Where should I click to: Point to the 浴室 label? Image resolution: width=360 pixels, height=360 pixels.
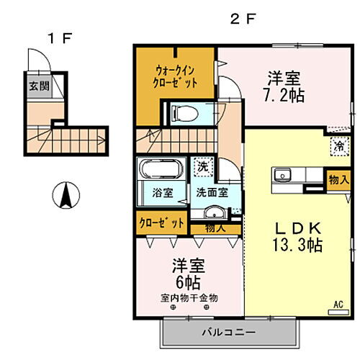pyautogui.click(x=162, y=193)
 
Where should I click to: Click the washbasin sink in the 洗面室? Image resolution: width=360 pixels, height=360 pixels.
pyautogui.click(x=212, y=213)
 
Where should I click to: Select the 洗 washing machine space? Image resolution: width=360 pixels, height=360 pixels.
pyautogui.click(x=203, y=165)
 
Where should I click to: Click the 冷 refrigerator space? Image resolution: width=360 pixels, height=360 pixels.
pyautogui.click(x=338, y=145)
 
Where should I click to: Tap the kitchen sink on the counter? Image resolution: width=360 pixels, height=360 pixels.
pyautogui.click(x=282, y=175)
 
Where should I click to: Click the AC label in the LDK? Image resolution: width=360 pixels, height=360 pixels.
pyautogui.click(x=337, y=305)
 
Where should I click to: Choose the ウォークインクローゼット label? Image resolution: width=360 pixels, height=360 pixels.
pyautogui.click(x=176, y=76)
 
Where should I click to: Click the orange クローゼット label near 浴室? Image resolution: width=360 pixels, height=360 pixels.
pyautogui.click(x=161, y=221)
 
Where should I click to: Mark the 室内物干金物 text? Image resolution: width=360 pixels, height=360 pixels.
pyautogui.click(x=189, y=297)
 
